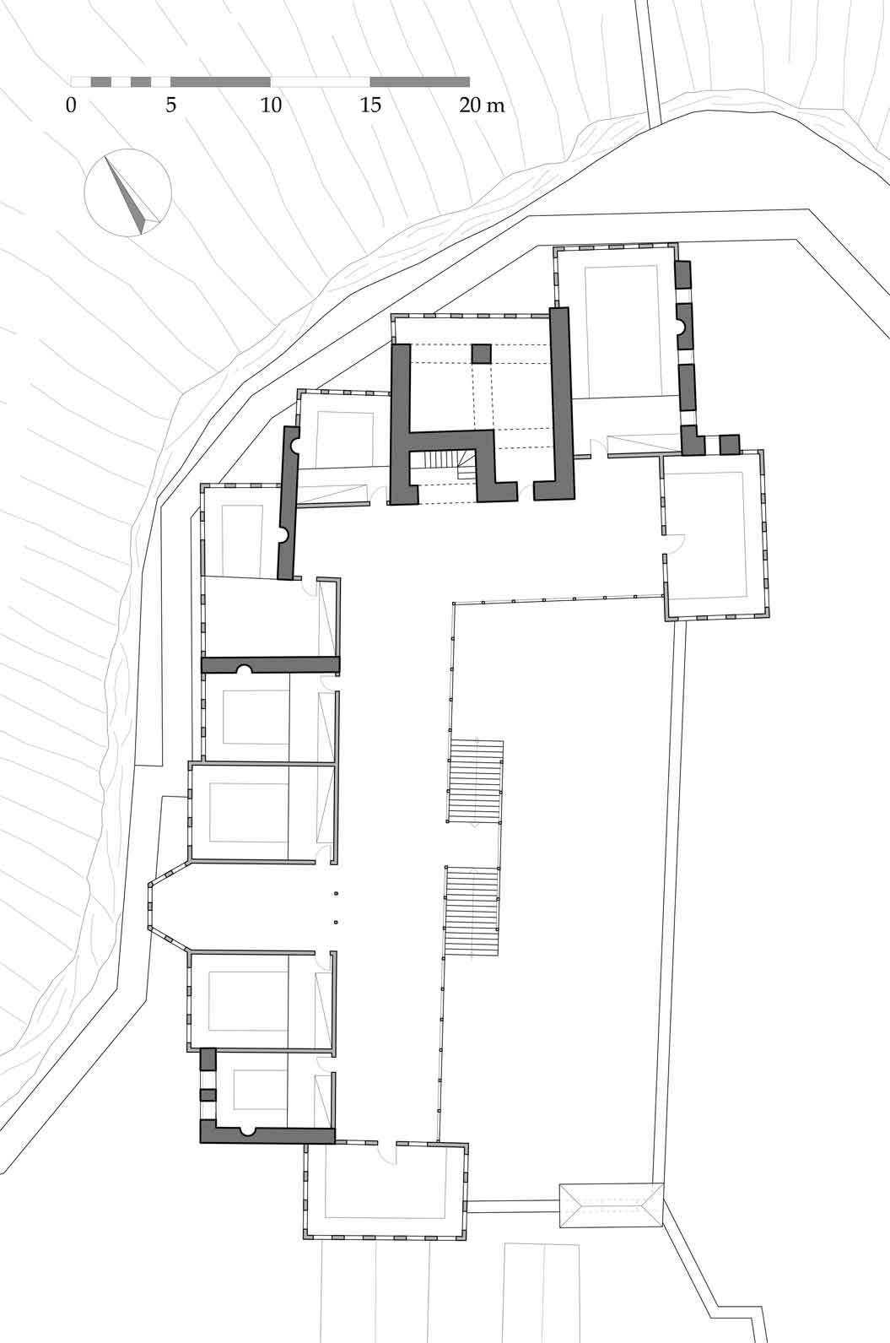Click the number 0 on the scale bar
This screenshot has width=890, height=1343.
[72, 106]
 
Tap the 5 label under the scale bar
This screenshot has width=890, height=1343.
[170, 106]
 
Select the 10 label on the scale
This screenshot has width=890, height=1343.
[271, 106]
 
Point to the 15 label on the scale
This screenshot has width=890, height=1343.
[370, 106]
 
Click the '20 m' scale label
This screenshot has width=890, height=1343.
[482, 106]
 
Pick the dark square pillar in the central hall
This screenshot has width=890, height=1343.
[481, 353]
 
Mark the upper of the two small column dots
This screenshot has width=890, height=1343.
[337, 893]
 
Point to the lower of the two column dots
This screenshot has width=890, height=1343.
[337, 922]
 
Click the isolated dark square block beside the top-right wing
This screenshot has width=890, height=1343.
[730, 444]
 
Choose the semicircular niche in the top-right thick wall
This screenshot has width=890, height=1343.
[682, 327]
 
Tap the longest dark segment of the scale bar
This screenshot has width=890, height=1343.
[220, 82]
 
